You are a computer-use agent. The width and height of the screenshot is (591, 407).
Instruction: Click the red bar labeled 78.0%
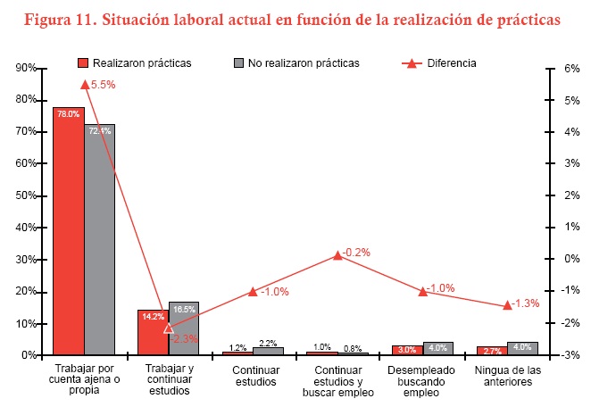pyautogui.click(x=68, y=232)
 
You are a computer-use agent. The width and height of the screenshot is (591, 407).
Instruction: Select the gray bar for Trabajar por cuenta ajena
pyautogui.click(x=100, y=241)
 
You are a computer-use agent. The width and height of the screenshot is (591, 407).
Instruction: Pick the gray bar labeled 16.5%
pyautogui.click(x=184, y=330)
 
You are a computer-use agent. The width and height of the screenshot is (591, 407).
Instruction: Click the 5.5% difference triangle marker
pyautogui.click(x=85, y=84)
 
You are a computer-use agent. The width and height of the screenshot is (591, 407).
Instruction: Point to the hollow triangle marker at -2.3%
pyautogui.click(x=169, y=328)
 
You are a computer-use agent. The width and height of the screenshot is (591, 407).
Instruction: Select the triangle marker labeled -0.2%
pyautogui.click(x=337, y=255)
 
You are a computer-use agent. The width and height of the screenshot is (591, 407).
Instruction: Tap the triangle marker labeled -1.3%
pyautogui.click(x=507, y=304)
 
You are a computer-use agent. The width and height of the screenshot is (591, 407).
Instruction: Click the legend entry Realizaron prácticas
pyautogui.click(x=135, y=63)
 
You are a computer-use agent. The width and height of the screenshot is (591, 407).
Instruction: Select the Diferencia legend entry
pyautogui.click(x=437, y=63)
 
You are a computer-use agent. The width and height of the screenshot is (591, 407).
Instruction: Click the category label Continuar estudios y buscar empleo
pyautogui.click(x=337, y=380)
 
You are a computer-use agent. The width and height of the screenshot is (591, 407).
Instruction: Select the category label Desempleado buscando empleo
pyautogui.click(x=422, y=380)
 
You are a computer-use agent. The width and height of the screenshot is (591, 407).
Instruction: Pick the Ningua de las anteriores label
pyautogui.click(x=506, y=375)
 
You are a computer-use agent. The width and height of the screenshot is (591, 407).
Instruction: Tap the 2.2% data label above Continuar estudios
pyautogui.click(x=269, y=344)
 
